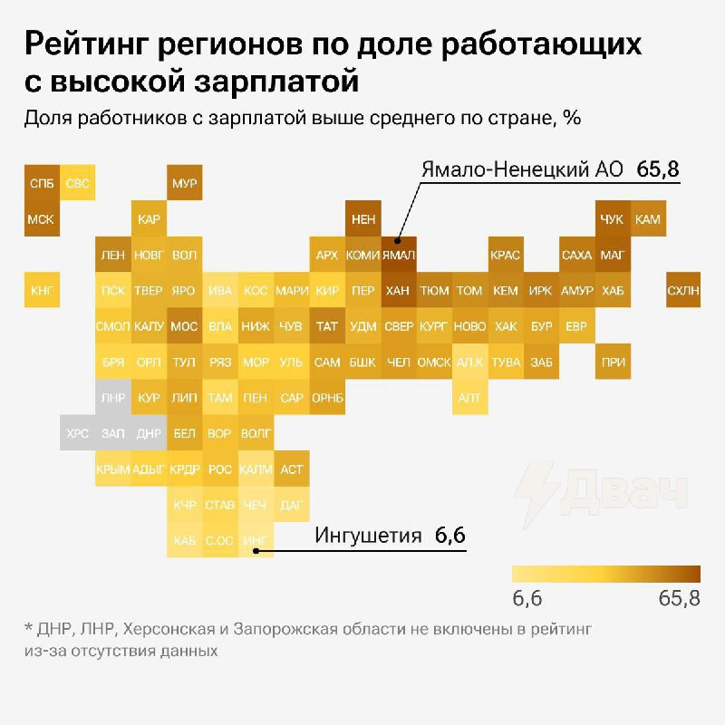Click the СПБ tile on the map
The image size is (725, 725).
click(42, 183)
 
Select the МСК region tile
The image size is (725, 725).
click(42, 219)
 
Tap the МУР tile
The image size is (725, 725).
click(184, 183)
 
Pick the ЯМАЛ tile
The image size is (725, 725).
click(398, 255)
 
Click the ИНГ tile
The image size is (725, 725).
click(255, 541)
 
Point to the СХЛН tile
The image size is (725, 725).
click(683, 290)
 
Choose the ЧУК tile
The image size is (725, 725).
click(612, 219)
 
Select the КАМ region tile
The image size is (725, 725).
click(648, 219)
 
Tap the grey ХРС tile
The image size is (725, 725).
click(77, 433)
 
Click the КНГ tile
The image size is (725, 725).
click(42, 290)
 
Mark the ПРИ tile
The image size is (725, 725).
click(612, 362)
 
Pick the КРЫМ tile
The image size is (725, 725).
click(112, 469)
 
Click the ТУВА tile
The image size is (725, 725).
click(505, 362)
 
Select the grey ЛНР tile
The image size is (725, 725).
click(112, 398)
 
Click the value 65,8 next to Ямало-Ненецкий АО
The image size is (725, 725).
click(658, 169)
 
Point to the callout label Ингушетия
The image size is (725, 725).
click(368, 536)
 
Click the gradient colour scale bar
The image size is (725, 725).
click(605, 574)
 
